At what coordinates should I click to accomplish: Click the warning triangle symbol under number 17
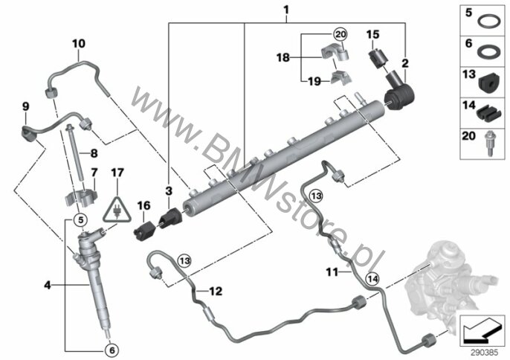pos(117,210)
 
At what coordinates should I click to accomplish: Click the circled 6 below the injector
pos(112,350)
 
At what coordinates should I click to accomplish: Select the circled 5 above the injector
pos(80,220)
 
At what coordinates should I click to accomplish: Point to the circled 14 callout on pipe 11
pos(372,279)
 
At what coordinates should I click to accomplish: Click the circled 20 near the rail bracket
pos(340,34)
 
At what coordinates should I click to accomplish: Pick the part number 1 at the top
pos(286,10)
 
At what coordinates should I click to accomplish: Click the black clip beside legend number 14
pos(488,114)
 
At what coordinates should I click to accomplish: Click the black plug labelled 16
pos(143,231)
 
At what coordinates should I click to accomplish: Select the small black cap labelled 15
pos(377,59)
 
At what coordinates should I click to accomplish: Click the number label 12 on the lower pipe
pos(216,291)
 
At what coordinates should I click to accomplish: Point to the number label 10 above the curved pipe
pos(79,43)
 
